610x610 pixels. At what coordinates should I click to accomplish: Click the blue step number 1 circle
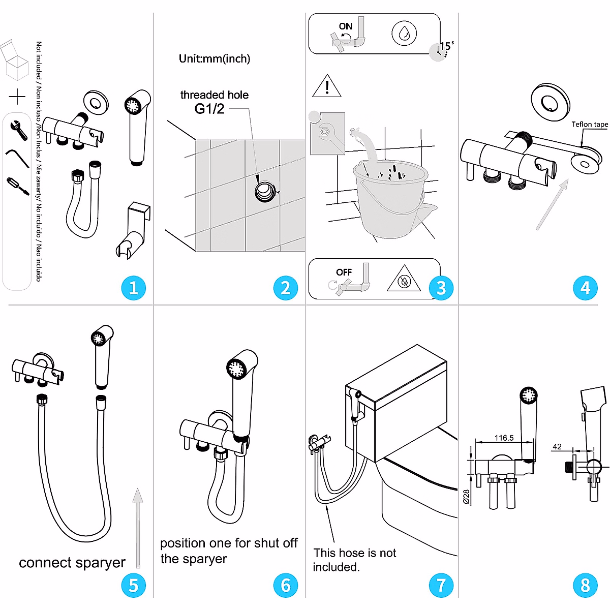coord(133,288)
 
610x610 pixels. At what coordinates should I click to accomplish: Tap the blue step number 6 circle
coord(285,585)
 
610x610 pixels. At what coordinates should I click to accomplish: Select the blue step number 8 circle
coord(585,585)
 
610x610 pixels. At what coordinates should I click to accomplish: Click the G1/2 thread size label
coord(209,109)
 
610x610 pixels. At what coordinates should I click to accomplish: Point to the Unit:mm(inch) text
coord(214,58)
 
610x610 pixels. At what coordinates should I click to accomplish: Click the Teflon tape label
coord(589,124)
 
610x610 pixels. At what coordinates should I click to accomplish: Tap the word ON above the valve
coord(345,26)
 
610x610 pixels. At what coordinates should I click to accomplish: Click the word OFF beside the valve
coord(344,272)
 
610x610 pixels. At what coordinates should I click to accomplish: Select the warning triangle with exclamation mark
coord(326,86)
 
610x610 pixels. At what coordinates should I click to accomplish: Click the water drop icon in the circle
coord(404,34)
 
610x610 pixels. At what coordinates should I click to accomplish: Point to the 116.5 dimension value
coord(504,438)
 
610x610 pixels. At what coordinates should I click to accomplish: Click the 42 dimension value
coord(557,447)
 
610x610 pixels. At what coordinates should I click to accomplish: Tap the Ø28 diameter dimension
coord(466,496)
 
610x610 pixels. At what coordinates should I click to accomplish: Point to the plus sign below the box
coord(17,97)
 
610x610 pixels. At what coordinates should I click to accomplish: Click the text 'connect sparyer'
coord(72,562)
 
